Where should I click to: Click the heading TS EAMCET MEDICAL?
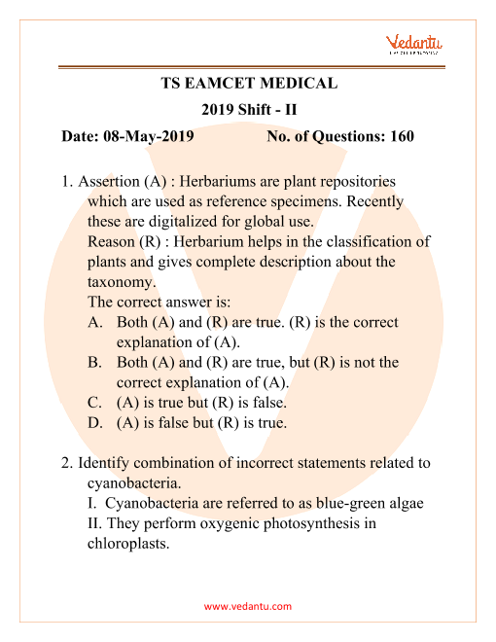click(x=248, y=84)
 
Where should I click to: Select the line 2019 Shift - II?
click(x=248, y=110)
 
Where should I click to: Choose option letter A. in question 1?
click(x=95, y=322)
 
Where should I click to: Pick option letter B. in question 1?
click(x=95, y=363)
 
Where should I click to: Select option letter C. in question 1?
click(x=95, y=403)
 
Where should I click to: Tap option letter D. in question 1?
click(x=95, y=423)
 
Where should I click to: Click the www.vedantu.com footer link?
click(x=248, y=606)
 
